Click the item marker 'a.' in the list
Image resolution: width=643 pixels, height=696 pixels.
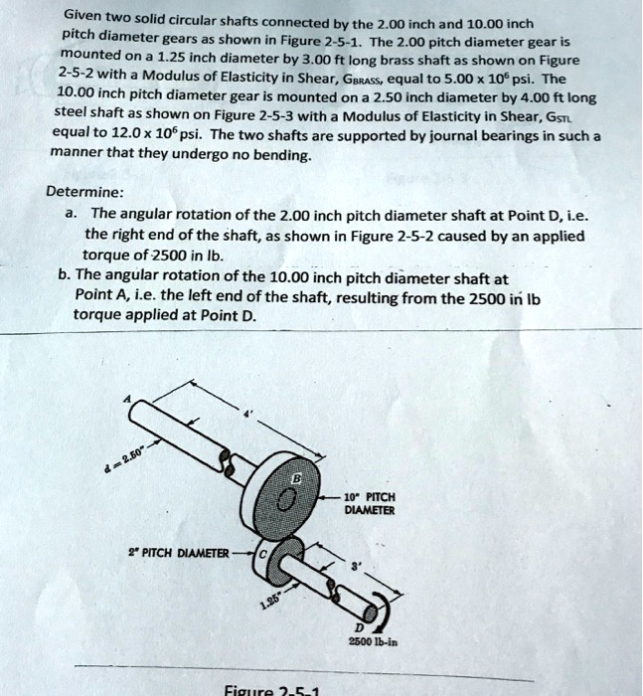71,215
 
